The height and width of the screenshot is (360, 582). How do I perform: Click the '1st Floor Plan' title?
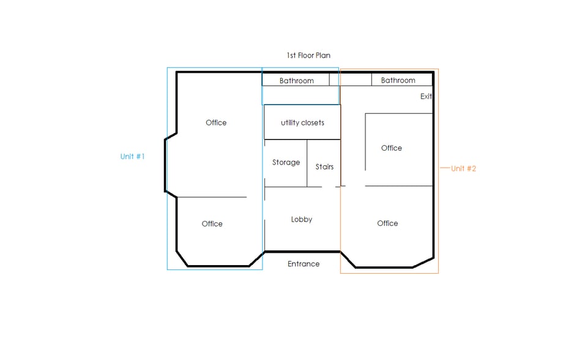pyautogui.click(x=308, y=55)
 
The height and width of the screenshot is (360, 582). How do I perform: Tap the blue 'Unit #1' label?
pyautogui.click(x=133, y=156)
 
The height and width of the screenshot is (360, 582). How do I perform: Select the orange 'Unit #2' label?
pyautogui.click(x=463, y=168)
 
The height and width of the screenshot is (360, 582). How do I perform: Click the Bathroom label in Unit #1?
pyautogui.click(x=297, y=81)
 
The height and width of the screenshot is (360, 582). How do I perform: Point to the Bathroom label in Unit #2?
pyautogui.click(x=398, y=80)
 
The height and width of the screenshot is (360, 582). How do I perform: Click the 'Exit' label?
pyautogui.click(x=426, y=96)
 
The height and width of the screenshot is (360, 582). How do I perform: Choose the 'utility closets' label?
pyautogui.click(x=302, y=122)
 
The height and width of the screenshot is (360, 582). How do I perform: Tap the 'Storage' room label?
pyautogui.click(x=286, y=162)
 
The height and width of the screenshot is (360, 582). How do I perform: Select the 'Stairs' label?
pyautogui.click(x=324, y=167)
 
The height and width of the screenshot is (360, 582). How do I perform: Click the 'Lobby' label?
pyautogui.click(x=301, y=220)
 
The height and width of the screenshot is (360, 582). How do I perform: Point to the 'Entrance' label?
pyautogui.click(x=304, y=264)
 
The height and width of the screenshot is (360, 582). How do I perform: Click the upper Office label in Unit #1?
pyautogui.click(x=216, y=122)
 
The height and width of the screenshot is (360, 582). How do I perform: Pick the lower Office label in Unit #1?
pyautogui.click(x=212, y=223)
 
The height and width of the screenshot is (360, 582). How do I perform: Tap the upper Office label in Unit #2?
pyautogui.click(x=392, y=148)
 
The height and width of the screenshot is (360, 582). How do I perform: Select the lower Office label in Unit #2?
pyautogui.click(x=387, y=223)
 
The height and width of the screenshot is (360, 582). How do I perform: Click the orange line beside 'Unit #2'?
pyautogui.click(x=445, y=168)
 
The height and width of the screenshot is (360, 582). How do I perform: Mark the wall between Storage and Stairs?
pyautogui.click(x=307, y=163)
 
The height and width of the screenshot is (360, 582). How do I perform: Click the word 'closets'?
pyautogui.click(x=312, y=122)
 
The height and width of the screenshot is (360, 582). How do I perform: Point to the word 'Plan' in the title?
pyautogui.click(x=323, y=55)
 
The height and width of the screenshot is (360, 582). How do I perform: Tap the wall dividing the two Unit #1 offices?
pyautogui.click(x=212, y=197)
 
